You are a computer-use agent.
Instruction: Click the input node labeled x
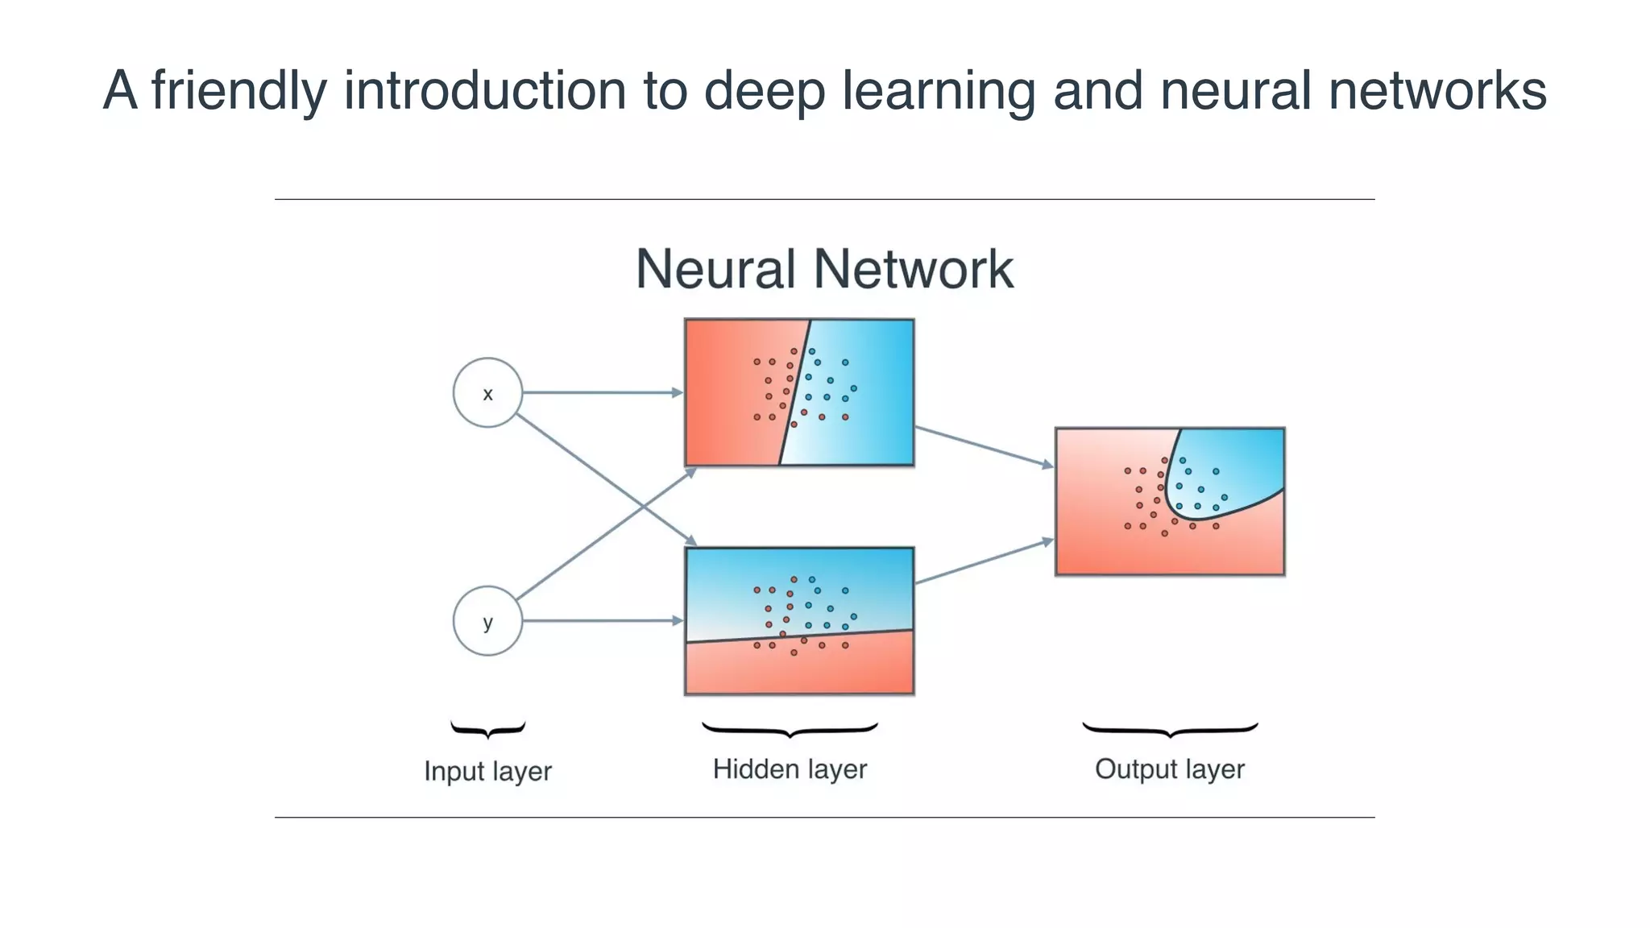tap(487, 392)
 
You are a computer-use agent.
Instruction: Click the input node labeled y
tap(487, 621)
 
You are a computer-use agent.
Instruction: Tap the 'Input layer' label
tap(487, 771)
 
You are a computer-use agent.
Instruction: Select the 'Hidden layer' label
tap(790, 769)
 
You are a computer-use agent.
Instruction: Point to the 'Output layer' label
tap(1169, 769)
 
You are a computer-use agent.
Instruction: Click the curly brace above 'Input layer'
tap(487, 730)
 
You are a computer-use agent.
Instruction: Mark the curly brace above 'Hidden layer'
tap(790, 730)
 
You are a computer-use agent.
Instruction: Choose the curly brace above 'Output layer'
tap(1169, 730)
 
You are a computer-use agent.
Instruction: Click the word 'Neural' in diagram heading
tap(715, 269)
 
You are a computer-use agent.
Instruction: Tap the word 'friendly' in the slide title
tap(239, 90)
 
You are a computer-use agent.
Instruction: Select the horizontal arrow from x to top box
tap(600, 392)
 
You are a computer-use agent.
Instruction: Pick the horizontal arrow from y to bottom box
tap(600, 621)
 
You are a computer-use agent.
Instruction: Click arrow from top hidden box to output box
tap(983, 446)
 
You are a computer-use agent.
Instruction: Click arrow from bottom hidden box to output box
tap(983, 561)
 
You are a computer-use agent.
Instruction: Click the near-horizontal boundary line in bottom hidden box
tap(799, 636)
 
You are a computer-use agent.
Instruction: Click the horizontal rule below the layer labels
tap(824, 818)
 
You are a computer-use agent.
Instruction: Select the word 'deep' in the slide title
tap(764, 90)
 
